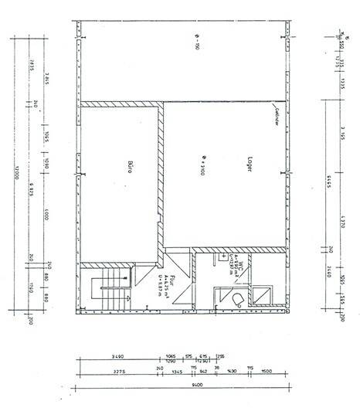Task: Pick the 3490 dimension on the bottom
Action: pos(117,356)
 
